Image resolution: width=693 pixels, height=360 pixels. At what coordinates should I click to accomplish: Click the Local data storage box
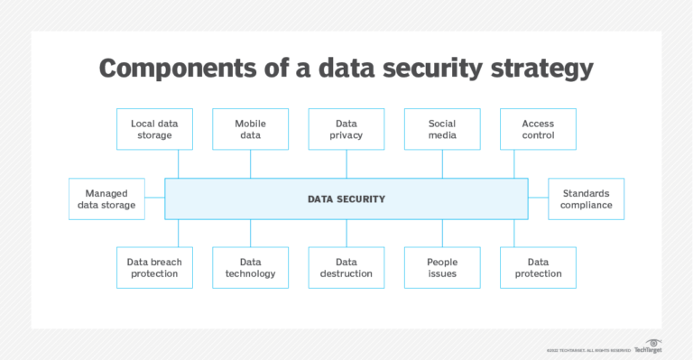154,129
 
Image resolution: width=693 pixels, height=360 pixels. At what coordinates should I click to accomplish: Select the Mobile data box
250,129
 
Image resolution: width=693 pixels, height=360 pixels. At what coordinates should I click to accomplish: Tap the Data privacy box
346,129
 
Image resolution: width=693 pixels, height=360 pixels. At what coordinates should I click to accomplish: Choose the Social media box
442,129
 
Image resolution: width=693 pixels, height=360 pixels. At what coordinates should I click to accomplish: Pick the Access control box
538,129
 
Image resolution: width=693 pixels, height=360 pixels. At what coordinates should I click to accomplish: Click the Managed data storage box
106,198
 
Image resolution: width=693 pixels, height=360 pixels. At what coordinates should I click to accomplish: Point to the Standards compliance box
586,198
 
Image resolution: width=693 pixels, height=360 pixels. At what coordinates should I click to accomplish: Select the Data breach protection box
154,268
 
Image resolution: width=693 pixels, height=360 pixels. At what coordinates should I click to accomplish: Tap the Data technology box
250,268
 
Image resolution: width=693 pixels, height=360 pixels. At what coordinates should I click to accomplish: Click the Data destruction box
346,268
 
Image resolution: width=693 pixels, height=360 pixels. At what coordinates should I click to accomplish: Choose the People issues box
442,268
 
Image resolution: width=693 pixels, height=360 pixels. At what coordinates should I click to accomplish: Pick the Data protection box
538,268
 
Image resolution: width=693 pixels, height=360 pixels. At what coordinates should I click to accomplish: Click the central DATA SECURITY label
346,198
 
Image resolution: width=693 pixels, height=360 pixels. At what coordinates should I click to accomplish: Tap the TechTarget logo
648,347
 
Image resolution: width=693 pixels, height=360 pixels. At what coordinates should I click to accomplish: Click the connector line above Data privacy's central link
346,163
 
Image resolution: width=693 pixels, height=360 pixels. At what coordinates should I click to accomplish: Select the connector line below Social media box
442,163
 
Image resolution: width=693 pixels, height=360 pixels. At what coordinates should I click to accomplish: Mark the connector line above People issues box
442,233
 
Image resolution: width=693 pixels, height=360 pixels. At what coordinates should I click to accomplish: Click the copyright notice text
587,350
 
